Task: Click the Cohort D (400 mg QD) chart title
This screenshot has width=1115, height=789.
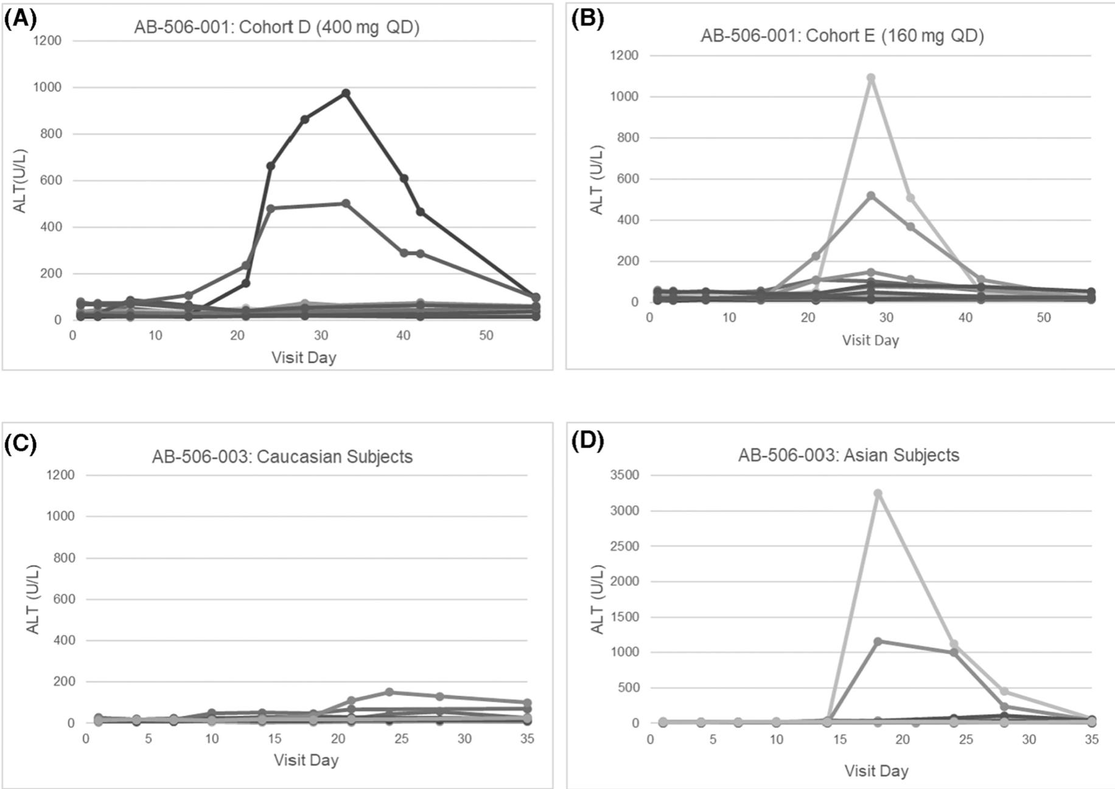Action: (277, 27)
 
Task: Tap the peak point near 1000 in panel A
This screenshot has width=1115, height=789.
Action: (346, 93)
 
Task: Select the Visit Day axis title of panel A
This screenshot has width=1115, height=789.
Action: (304, 357)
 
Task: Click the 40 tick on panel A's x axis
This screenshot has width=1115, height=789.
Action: (403, 335)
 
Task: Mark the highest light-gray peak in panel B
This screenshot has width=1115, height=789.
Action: (871, 78)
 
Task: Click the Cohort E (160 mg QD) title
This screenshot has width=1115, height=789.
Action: (842, 36)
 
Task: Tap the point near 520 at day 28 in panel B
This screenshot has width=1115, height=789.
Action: (871, 196)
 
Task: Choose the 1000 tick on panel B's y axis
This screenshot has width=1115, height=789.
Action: (626, 97)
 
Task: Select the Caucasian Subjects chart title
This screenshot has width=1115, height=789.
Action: (282, 457)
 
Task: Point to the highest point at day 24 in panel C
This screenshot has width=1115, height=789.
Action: (390, 692)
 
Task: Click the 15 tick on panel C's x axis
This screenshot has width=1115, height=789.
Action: (274, 738)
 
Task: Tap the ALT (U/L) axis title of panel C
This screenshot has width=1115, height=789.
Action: (33, 599)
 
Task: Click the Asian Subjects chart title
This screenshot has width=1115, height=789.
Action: (848, 455)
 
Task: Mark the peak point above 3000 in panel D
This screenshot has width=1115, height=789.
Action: (878, 494)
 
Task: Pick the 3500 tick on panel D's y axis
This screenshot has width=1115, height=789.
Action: (626, 475)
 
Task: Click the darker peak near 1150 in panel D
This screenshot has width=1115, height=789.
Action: (878, 641)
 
